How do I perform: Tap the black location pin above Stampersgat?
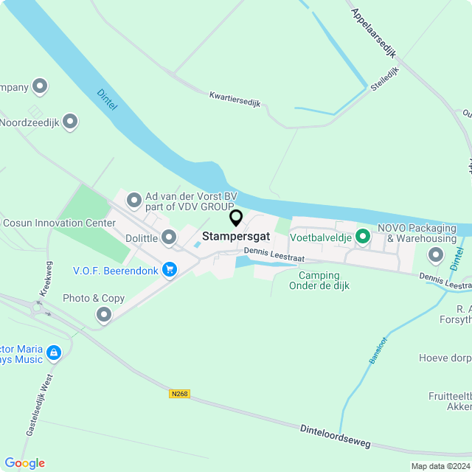click(236, 218)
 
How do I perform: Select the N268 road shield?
click(179, 394)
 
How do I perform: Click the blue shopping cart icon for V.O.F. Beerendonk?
click(170, 270)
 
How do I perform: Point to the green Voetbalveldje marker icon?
click(362, 237)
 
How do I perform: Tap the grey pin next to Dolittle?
click(169, 237)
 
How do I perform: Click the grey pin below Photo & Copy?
click(104, 315)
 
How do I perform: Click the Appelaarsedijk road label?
click(374, 33)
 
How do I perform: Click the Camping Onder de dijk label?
click(319, 281)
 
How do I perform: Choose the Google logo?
click(24, 463)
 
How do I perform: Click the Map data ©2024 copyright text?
click(440, 466)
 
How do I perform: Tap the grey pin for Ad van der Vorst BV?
click(134, 199)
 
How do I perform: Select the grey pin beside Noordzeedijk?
click(70, 121)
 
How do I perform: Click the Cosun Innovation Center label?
click(59, 223)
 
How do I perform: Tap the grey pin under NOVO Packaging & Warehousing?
click(435, 255)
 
